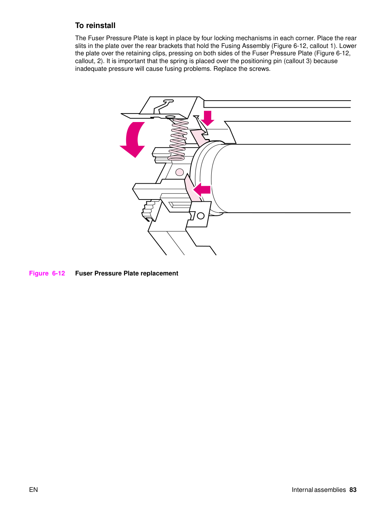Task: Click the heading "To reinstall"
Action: [95, 25]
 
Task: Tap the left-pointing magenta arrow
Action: [201, 190]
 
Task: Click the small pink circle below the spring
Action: [180, 172]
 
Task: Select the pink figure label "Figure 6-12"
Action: [47, 273]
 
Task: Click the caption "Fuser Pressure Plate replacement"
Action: [127, 273]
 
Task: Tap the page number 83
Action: [353, 490]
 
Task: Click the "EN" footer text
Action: [34, 490]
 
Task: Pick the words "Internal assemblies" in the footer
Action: [319, 490]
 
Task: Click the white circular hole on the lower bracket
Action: [201, 216]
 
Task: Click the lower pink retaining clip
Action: [192, 188]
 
